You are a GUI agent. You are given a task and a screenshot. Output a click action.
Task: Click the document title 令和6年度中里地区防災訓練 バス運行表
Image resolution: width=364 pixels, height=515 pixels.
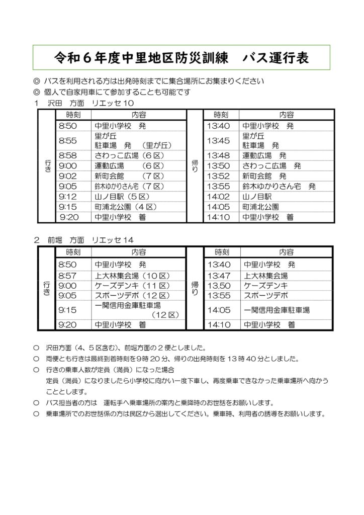click(x=181, y=57)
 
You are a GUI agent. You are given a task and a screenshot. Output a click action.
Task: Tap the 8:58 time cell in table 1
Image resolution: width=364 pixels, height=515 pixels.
click(x=67, y=155)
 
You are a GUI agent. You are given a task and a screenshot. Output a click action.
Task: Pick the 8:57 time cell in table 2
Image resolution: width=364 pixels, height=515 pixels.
click(x=67, y=276)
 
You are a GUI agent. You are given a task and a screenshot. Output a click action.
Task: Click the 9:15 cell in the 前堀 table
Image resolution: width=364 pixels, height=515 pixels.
click(x=67, y=310)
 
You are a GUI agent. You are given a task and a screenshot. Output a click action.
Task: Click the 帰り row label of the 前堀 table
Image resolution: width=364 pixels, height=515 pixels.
click(x=195, y=289)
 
